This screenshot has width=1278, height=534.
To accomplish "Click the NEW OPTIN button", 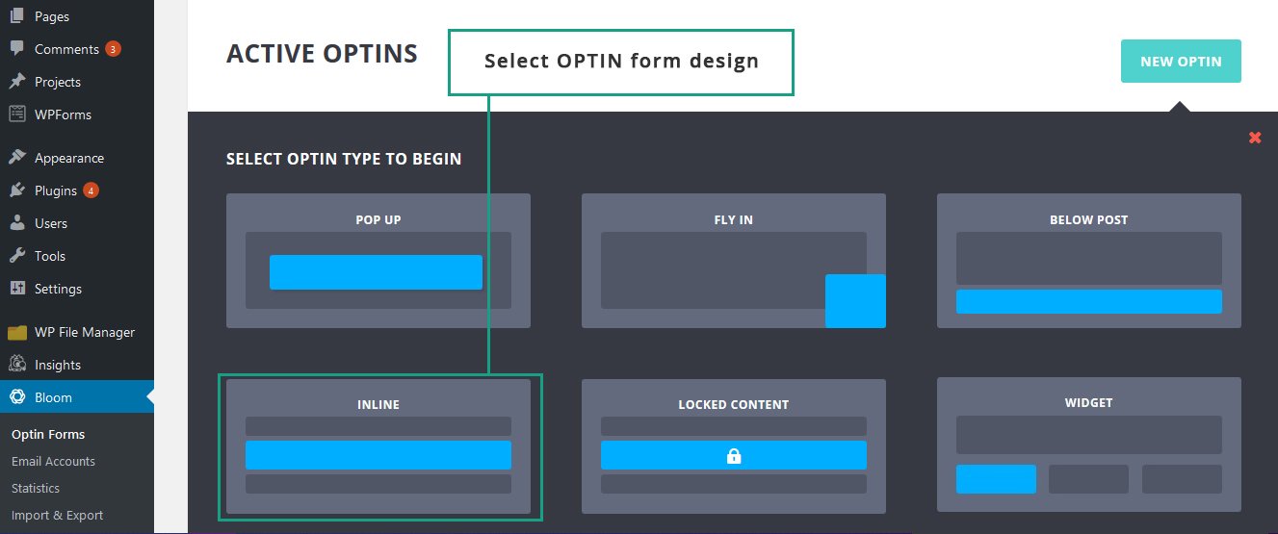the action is tap(1181, 61).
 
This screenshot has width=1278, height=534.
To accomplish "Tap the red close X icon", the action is tap(1255, 138).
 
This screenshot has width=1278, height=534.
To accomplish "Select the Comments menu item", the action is tap(66, 49).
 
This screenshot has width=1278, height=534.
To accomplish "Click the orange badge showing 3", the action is tap(113, 49).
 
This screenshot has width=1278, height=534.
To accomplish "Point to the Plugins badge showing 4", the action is tap(91, 191).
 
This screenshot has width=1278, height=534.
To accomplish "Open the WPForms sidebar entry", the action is tap(63, 114).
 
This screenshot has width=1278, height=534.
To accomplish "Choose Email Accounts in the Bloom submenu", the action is tap(53, 461).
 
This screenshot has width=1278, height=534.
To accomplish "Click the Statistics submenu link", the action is tap(36, 488).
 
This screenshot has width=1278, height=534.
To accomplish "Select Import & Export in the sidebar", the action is tap(57, 515).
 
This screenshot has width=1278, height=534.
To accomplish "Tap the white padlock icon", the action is tap(734, 456).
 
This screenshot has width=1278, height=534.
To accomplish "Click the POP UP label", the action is tap(378, 220).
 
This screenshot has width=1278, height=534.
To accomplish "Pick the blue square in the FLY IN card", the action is tap(855, 301).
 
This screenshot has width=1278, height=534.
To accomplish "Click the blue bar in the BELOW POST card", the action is tap(1088, 301).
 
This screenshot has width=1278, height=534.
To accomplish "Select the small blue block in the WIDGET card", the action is tap(996, 479).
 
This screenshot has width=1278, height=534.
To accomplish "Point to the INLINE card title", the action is tap(378, 405).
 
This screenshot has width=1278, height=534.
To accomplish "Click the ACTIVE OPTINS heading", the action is tap(322, 54).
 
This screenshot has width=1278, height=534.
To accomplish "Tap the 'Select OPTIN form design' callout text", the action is tap(621, 61).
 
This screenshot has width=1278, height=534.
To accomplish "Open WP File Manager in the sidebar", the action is tap(85, 332).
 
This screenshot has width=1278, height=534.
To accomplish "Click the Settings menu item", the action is tap(58, 289).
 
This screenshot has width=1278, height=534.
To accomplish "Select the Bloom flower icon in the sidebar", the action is tap(17, 396).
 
